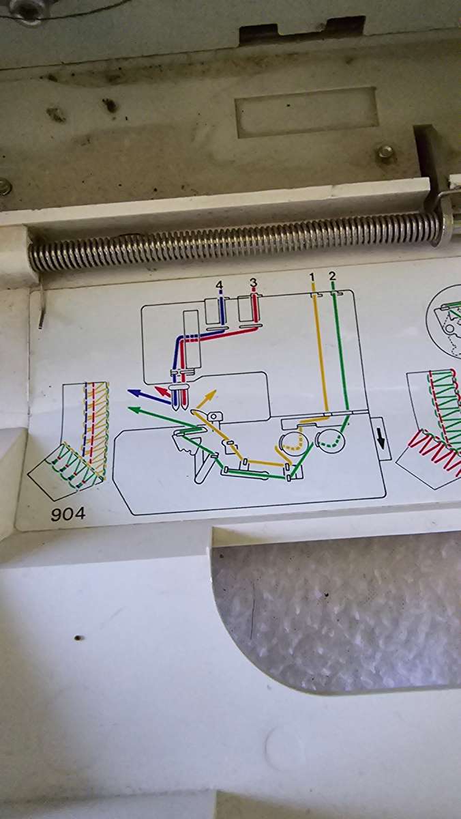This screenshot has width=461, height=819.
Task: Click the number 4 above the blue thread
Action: click(x=219, y=284)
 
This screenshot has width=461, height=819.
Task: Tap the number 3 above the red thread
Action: click(x=253, y=282)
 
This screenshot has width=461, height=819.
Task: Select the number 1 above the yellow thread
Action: click(x=312, y=276)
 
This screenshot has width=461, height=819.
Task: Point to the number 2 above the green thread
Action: click(x=332, y=276)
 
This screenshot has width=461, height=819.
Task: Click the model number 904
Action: click(x=68, y=513)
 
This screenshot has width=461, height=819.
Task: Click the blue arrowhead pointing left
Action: click(x=134, y=392)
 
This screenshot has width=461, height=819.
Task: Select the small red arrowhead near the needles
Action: click(x=160, y=390)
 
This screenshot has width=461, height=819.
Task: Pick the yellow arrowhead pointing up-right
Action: click(x=212, y=394)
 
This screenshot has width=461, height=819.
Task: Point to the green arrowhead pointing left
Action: click(x=134, y=409)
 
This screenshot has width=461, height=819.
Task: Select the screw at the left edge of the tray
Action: click(x=5, y=186)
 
